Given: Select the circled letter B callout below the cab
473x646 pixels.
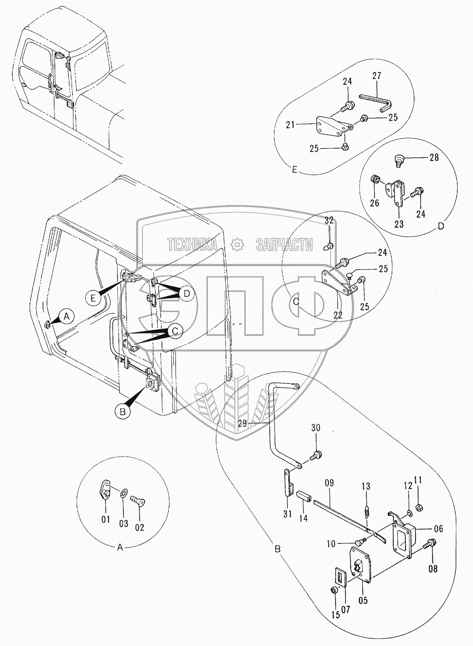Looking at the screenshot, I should pyautogui.click(x=122, y=412).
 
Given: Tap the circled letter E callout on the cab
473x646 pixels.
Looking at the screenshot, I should pyautogui.click(x=93, y=298).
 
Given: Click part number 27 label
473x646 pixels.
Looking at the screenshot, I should pyautogui.click(x=377, y=75).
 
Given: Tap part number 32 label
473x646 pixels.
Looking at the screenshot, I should pyautogui.click(x=329, y=221).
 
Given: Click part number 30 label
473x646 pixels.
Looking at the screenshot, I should pyautogui.click(x=316, y=427).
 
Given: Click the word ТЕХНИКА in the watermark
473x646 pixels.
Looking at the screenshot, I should pyautogui.click(x=192, y=245).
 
